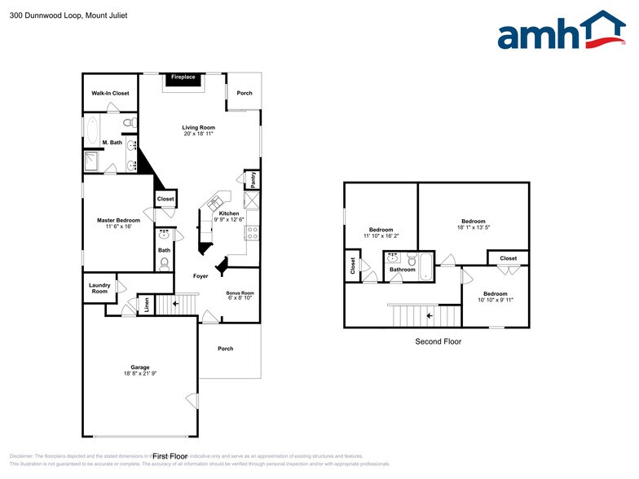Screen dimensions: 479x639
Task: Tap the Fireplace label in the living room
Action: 183,77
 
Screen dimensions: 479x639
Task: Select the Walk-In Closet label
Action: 110,94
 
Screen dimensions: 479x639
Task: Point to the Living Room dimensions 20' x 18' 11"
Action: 198,134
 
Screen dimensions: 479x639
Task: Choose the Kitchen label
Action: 229,213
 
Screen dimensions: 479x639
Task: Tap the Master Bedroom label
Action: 118,220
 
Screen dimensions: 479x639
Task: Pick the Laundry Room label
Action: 99,288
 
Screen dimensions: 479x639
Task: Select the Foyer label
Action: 201,276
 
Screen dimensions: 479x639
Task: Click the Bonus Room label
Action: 240,292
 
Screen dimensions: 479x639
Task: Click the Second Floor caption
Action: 438,341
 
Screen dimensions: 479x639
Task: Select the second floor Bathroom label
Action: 402,270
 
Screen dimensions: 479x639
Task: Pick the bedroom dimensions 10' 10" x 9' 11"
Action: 495,300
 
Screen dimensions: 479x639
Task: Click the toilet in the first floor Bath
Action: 165,262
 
